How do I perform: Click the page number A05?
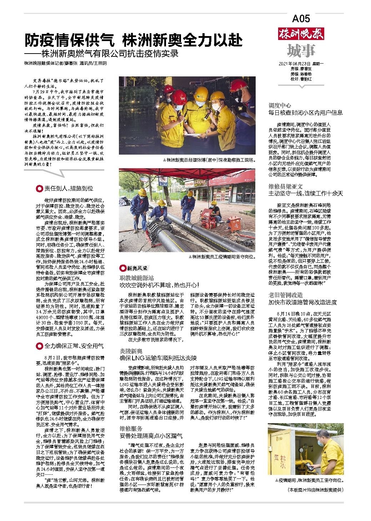click(x=301, y=19)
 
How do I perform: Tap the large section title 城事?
click(x=301, y=51)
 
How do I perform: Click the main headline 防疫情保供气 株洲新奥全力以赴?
click(x=133, y=40)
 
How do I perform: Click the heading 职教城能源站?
click(x=136, y=277)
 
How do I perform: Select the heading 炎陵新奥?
click(x=131, y=351)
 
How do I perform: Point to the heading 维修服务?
click(x=131, y=428)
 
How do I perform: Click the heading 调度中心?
click(x=280, y=106)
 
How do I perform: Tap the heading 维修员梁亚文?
click(x=286, y=186)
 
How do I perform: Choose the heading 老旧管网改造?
click(x=286, y=295)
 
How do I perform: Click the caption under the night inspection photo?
click(x=209, y=160)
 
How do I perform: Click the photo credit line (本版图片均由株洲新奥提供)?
click(x=315, y=490)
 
